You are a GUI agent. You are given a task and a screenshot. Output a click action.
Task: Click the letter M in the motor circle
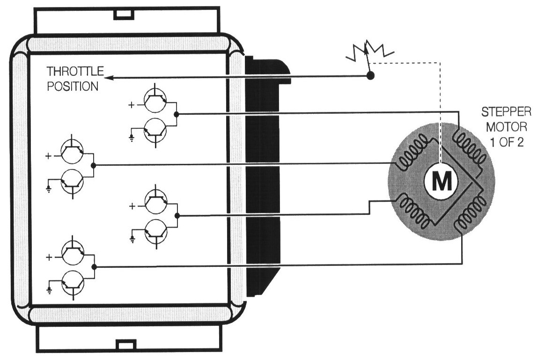point(441,182)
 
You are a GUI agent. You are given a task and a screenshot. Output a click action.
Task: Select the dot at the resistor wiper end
point(370,75)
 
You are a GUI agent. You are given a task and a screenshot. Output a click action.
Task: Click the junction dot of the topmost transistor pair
point(176,114)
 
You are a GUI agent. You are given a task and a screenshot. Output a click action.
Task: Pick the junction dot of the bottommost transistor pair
point(94,267)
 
